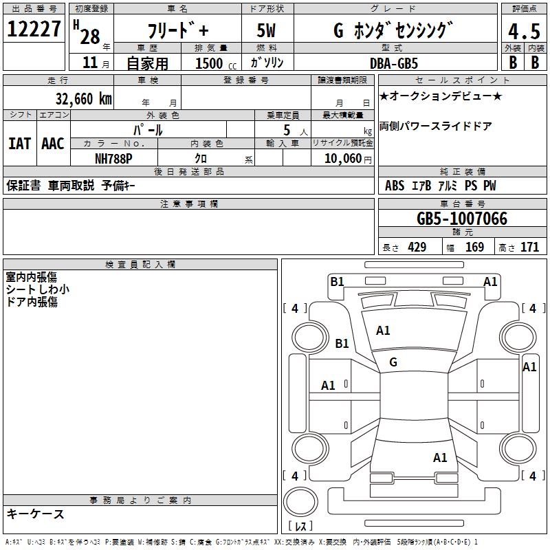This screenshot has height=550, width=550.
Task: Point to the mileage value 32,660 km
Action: coord(82,98)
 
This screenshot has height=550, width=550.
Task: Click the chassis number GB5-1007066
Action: coord(463,219)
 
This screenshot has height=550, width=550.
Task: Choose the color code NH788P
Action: coord(113,157)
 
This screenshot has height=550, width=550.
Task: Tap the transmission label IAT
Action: coord(19,144)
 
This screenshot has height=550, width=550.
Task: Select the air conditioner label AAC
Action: coord(53,144)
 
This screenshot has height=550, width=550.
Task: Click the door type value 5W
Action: coord(267,31)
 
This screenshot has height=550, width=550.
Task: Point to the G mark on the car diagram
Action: coord(393,362)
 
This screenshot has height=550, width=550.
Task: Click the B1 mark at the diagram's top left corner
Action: coord(337,281)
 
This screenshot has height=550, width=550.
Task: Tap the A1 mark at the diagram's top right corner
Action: coord(490,281)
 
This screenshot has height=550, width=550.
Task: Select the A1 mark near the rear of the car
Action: coord(440,457)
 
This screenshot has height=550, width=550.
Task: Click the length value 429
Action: coord(417,247)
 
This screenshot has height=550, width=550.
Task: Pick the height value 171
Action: coord(529,247)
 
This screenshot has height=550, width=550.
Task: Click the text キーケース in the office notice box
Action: coord(36,514)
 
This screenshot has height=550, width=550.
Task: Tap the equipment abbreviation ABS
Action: coord(395,186)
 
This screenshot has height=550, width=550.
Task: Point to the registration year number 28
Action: coord(90,36)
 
